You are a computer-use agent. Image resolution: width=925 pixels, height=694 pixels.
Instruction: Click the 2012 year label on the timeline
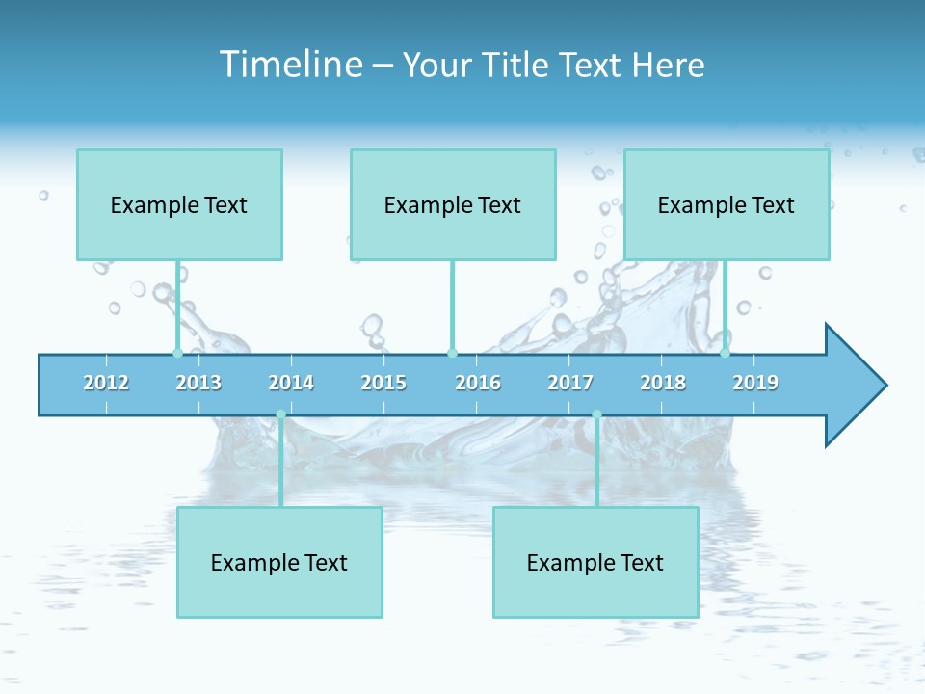pyautogui.click(x=106, y=383)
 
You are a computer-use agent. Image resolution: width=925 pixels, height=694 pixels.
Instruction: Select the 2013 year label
pyautogui.click(x=198, y=383)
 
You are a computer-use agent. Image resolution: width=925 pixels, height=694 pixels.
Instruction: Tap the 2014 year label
pyautogui.click(x=291, y=383)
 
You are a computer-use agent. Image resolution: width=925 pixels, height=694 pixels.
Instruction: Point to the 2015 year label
pyautogui.click(x=383, y=383)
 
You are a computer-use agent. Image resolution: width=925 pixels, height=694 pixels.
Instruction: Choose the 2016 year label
pyautogui.click(x=478, y=383)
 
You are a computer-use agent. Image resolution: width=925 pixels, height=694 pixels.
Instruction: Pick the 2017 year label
pyautogui.click(x=570, y=383)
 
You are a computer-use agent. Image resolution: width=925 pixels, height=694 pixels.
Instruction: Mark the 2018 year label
pyautogui.click(x=663, y=383)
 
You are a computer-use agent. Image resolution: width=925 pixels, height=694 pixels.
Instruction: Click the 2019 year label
pyautogui.click(x=755, y=383)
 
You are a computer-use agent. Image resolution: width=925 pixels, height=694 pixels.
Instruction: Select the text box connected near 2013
pyautogui.click(x=179, y=204)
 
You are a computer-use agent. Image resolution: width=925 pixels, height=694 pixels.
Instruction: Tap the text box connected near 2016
pyautogui.click(x=453, y=204)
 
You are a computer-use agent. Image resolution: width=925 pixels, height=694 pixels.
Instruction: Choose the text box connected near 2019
pyautogui.click(x=727, y=204)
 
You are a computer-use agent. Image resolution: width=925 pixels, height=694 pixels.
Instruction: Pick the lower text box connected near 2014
pyautogui.click(x=279, y=562)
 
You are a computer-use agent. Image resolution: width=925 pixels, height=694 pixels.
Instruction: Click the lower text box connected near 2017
pyautogui.click(x=595, y=562)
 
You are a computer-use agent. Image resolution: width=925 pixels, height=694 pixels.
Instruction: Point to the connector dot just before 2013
pyautogui.click(x=177, y=353)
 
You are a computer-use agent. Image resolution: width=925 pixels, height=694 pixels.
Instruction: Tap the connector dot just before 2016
pyautogui.click(x=452, y=353)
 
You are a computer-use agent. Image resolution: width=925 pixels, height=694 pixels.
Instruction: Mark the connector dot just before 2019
pyautogui.click(x=726, y=353)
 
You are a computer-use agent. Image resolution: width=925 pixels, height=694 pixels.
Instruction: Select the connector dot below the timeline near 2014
pyautogui.click(x=280, y=414)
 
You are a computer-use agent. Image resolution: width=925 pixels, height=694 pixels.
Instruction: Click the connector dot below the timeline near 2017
pyautogui.click(x=596, y=414)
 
